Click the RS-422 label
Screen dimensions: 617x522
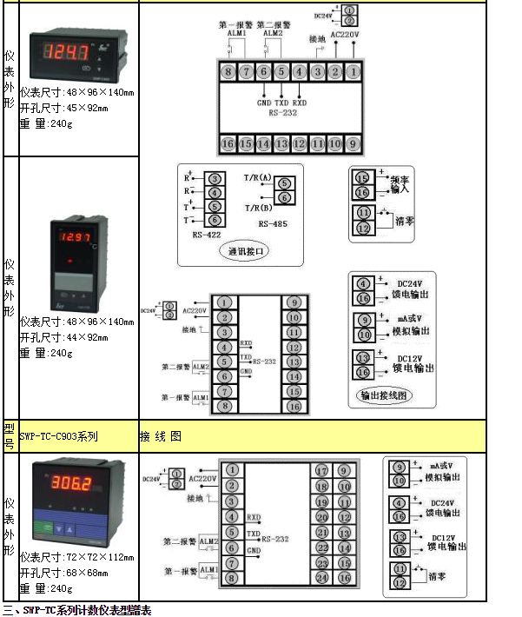(206, 234)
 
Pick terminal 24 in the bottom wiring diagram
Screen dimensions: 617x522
(321, 577)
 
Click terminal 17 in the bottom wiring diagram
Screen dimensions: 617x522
(321, 471)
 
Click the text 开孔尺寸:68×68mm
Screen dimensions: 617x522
(63, 573)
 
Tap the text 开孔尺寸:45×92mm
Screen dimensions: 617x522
(63, 108)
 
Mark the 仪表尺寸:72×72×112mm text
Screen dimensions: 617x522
(76, 557)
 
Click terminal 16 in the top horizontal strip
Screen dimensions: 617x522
(228, 143)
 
